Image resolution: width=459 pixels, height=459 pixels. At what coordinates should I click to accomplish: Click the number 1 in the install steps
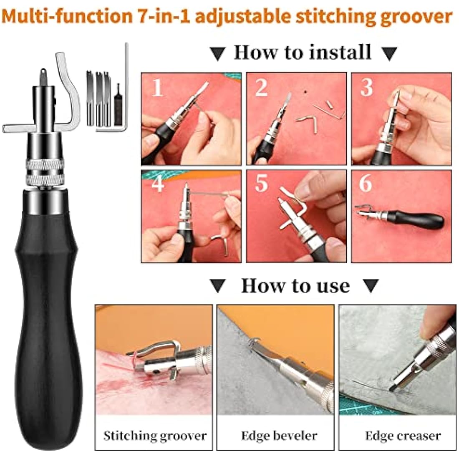coord(157,88)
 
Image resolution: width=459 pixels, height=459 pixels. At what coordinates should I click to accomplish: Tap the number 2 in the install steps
coord(261,88)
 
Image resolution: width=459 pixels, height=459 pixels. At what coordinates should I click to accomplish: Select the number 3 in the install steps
coord(366,88)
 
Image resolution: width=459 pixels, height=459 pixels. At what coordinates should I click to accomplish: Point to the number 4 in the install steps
coord(157,184)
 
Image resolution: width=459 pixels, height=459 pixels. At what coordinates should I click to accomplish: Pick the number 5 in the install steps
coord(261,184)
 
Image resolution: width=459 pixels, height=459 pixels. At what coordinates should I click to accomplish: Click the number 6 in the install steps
coord(366,184)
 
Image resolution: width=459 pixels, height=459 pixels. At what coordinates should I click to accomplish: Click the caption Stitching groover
coord(155,436)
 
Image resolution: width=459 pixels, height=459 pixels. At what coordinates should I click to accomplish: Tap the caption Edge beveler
coord(279,436)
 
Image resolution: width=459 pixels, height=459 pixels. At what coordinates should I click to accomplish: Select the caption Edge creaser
coord(403,436)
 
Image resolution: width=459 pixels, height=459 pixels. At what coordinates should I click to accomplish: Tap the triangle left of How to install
coord(217,53)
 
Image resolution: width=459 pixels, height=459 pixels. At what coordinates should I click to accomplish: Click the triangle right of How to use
coord(370,286)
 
